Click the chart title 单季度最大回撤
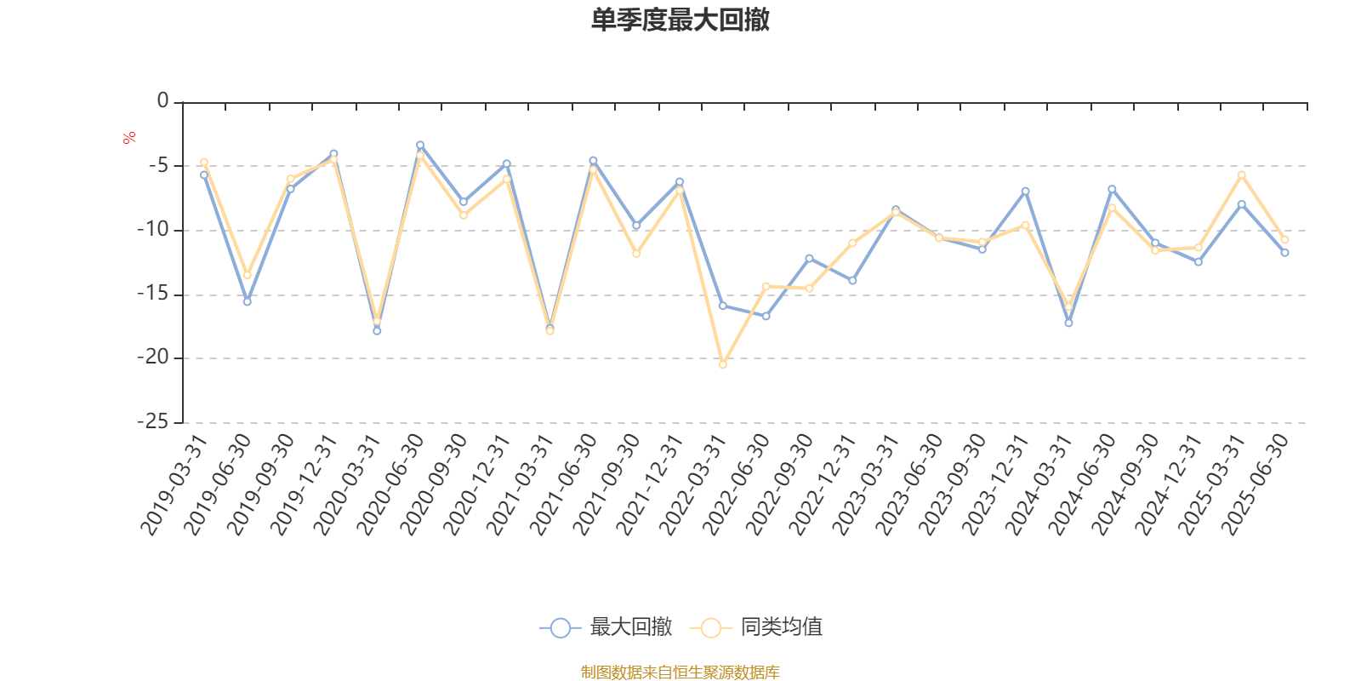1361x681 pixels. [x=680, y=20]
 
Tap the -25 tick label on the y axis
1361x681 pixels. [x=153, y=422]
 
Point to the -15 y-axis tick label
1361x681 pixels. [x=153, y=295]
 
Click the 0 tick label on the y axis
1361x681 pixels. [x=162, y=101]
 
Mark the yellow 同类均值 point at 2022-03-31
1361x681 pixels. [x=723, y=364]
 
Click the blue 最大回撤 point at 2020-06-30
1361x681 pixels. [x=420, y=145]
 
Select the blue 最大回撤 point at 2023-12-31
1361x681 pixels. [x=1025, y=191]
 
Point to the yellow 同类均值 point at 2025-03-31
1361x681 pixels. [x=1241, y=175]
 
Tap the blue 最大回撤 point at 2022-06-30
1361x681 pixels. [x=766, y=317]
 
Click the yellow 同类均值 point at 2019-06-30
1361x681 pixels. [x=248, y=275]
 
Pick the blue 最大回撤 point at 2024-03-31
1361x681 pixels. [x=1068, y=323]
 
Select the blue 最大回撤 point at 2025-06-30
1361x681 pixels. [x=1284, y=253]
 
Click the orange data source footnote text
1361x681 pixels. [x=680, y=672]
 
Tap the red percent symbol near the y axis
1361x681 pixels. [x=128, y=138]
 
